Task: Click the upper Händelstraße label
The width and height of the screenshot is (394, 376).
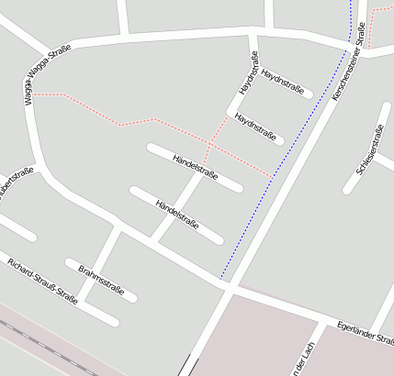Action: tap(195, 168)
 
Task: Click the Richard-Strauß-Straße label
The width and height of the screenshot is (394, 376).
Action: tap(42, 280)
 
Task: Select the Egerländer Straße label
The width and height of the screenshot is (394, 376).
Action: tap(365, 332)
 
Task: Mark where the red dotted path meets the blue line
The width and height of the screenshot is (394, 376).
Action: tap(273, 175)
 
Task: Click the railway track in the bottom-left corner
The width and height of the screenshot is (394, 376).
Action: tap(37, 339)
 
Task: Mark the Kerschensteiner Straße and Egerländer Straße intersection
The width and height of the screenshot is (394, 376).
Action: tap(228, 286)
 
